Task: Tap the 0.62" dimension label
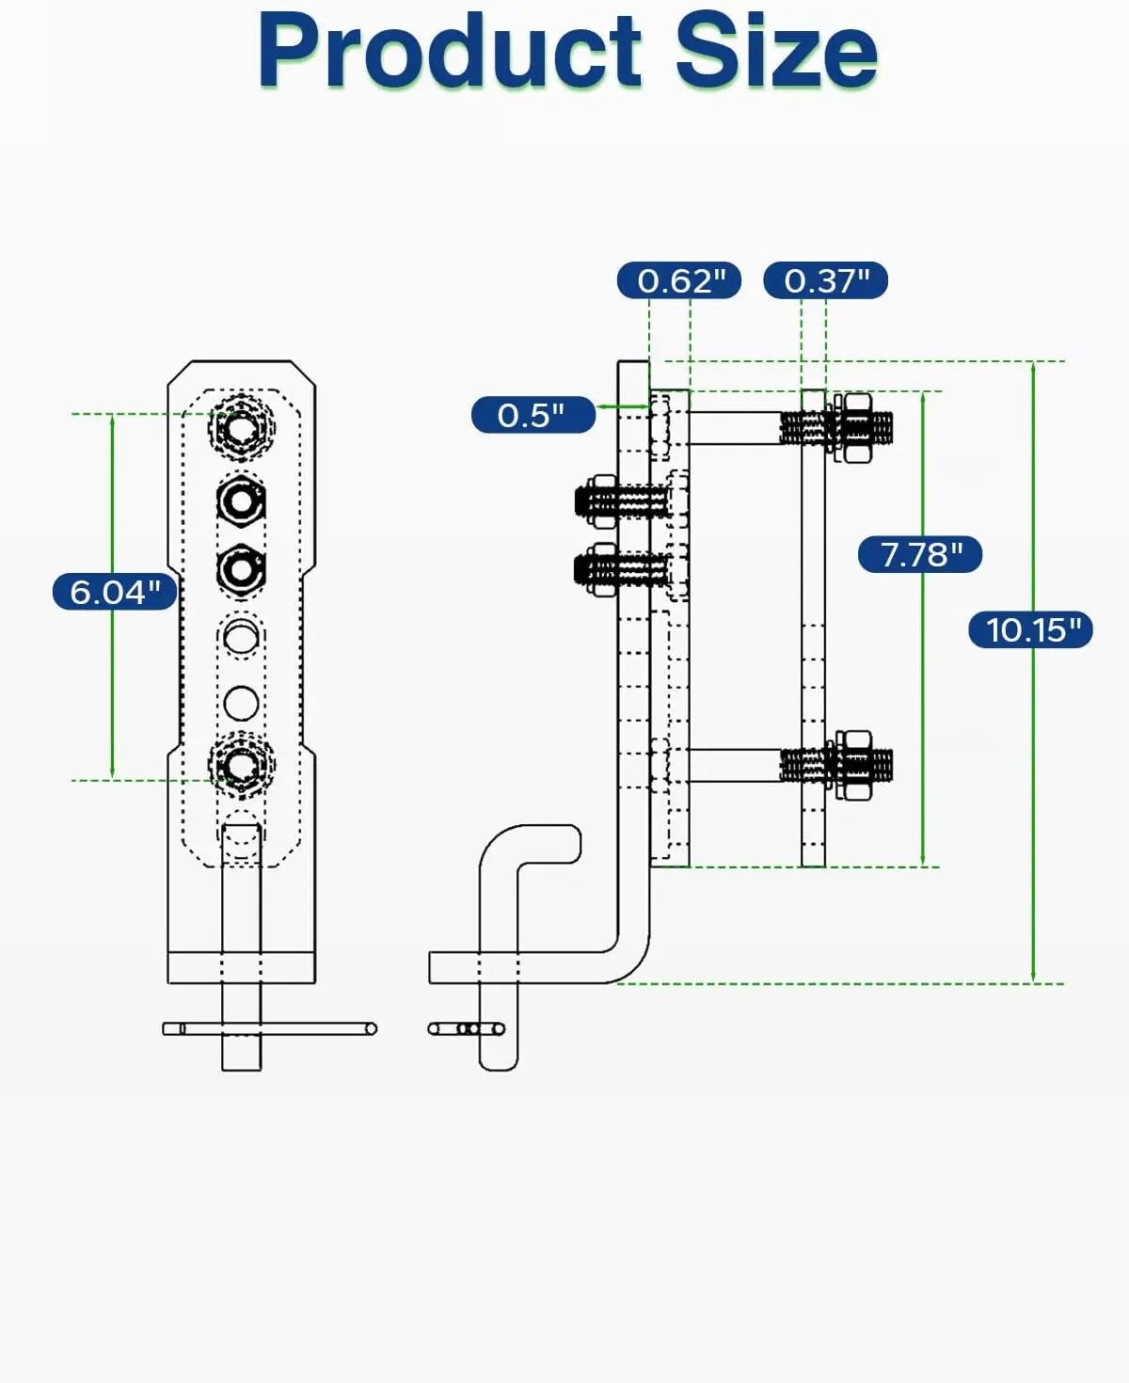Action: point(679,280)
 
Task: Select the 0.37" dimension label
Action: point(825,280)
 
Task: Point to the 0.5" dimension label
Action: point(533,415)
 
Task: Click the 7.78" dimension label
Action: point(919,554)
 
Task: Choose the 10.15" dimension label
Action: point(1030,628)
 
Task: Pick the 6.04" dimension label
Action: point(114,592)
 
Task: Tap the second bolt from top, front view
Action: point(241,500)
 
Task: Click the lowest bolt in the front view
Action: point(241,763)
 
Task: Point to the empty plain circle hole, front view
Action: point(241,702)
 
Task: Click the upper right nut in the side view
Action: point(854,428)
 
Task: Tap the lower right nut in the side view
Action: point(854,765)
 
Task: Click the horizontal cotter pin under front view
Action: point(269,1028)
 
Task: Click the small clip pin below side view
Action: point(467,1028)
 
